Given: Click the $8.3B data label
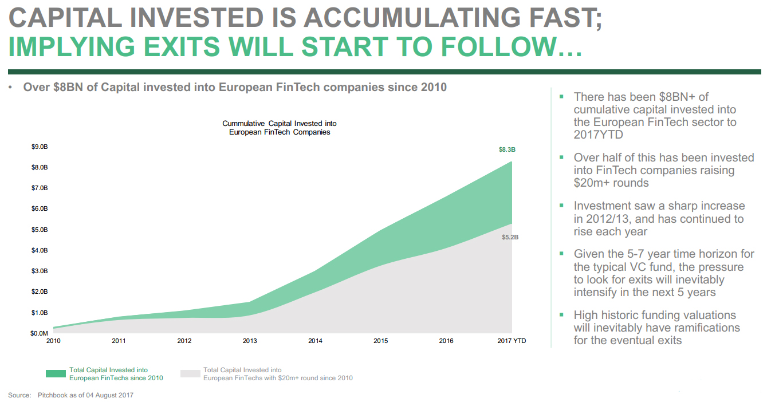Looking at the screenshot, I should click(x=507, y=150).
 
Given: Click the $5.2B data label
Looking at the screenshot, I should click(x=510, y=237).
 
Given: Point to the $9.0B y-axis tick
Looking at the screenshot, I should click(x=40, y=147).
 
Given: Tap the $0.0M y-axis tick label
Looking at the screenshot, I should click(x=40, y=333).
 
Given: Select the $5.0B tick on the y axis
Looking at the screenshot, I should click(x=40, y=230).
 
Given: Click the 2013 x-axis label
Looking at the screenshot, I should click(x=250, y=341).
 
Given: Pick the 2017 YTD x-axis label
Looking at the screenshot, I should click(x=512, y=341).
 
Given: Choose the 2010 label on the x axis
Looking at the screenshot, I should click(x=53, y=341).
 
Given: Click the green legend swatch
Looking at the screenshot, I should click(x=56, y=374).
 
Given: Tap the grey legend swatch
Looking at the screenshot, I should click(x=190, y=374).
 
